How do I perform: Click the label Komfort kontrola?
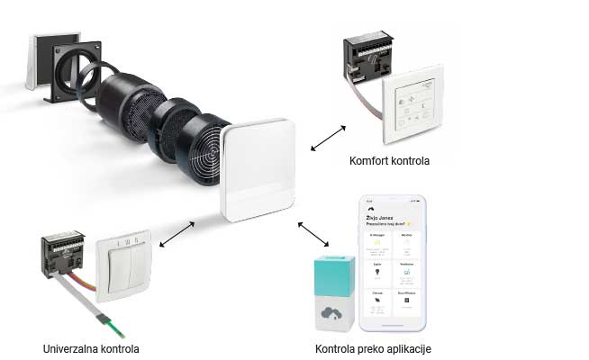click(x=389, y=162)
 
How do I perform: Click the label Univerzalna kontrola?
click(x=91, y=347)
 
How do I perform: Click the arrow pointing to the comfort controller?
click(x=326, y=138)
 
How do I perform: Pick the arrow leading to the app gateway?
click(x=313, y=236)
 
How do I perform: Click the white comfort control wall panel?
click(x=415, y=106)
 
